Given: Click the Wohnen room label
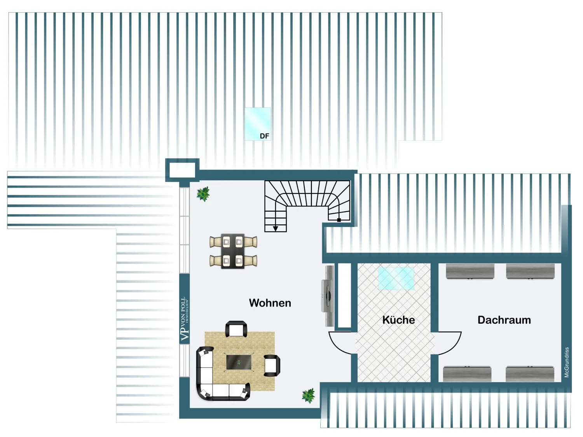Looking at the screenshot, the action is (x=270, y=303).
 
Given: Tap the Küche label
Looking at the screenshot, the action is (x=398, y=320).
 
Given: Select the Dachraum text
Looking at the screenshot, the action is (x=504, y=320).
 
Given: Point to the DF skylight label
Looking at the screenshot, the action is (x=264, y=136).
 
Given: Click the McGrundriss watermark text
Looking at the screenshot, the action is (x=567, y=362).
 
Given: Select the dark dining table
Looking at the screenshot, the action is (x=233, y=251).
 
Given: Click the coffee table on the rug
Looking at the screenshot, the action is (x=239, y=362).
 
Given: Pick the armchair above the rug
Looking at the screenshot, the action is (x=236, y=329).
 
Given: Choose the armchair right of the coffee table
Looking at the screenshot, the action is (x=272, y=365).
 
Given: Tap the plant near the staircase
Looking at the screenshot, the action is (x=203, y=194).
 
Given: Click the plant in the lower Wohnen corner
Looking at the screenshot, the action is (x=308, y=395).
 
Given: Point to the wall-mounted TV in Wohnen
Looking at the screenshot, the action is (x=328, y=296).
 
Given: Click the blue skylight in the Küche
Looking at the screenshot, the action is (x=396, y=278).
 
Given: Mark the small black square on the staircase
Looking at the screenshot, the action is (x=339, y=220).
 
